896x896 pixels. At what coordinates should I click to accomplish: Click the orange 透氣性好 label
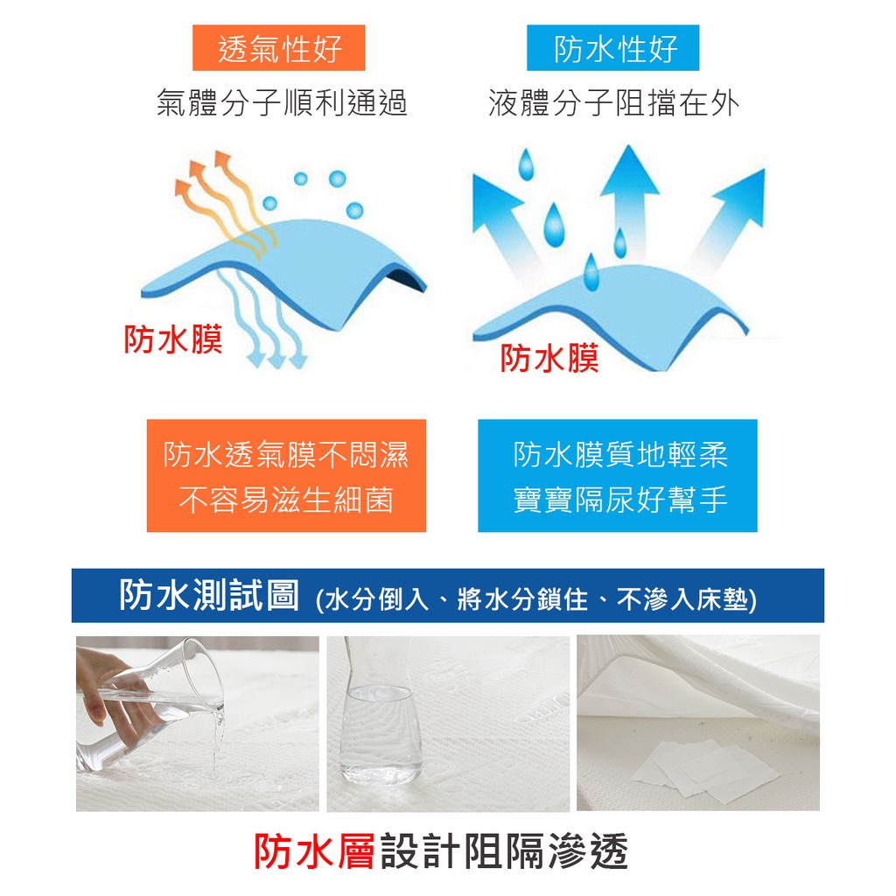pyautogui.click(x=279, y=48)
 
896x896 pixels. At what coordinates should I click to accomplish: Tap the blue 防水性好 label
pyautogui.click(x=613, y=48)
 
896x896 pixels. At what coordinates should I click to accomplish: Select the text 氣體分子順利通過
pyautogui.click(x=282, y=103)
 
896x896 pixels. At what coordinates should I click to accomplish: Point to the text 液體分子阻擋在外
pyautogui.click(x=614, y=103)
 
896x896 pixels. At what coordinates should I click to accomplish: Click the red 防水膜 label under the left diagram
pyautogui.click(x=173, y=339)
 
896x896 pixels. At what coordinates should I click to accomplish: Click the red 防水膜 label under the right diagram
pyautogui.click(x=549, y=358)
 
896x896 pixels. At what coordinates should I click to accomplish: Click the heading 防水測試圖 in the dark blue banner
pyautogui.click(x=208, y=595)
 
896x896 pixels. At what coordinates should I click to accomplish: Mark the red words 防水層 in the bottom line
pyautogui.click(x=314, y=851)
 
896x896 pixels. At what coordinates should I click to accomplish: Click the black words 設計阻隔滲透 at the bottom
pyautogui.click(x=505, y=851)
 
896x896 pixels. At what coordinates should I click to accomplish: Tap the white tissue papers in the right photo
pyautogui.click(x=705, y=768)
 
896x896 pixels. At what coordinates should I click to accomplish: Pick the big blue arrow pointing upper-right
pyautogui.click(x=730, y=216)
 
